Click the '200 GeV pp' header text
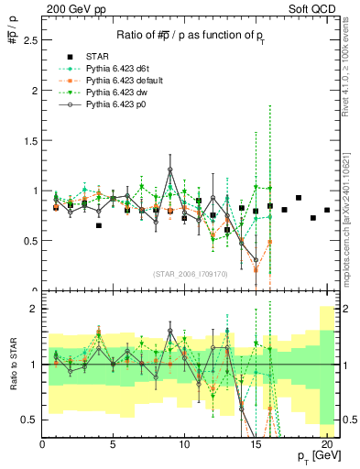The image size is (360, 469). (x=71, y=8)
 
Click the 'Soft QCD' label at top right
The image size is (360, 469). (x=314, y=8)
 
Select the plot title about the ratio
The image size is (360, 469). (x=190, y=36)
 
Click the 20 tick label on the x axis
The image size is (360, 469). (x=327, y=444)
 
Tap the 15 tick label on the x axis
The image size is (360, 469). (x=256, y=444)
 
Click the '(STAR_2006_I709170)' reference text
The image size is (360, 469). (x=190, y=274)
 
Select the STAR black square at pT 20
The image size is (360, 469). (x=327, y=210)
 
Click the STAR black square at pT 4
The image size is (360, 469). (x=99, y=225)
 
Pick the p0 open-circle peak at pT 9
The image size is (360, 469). (x=170, y=169)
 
